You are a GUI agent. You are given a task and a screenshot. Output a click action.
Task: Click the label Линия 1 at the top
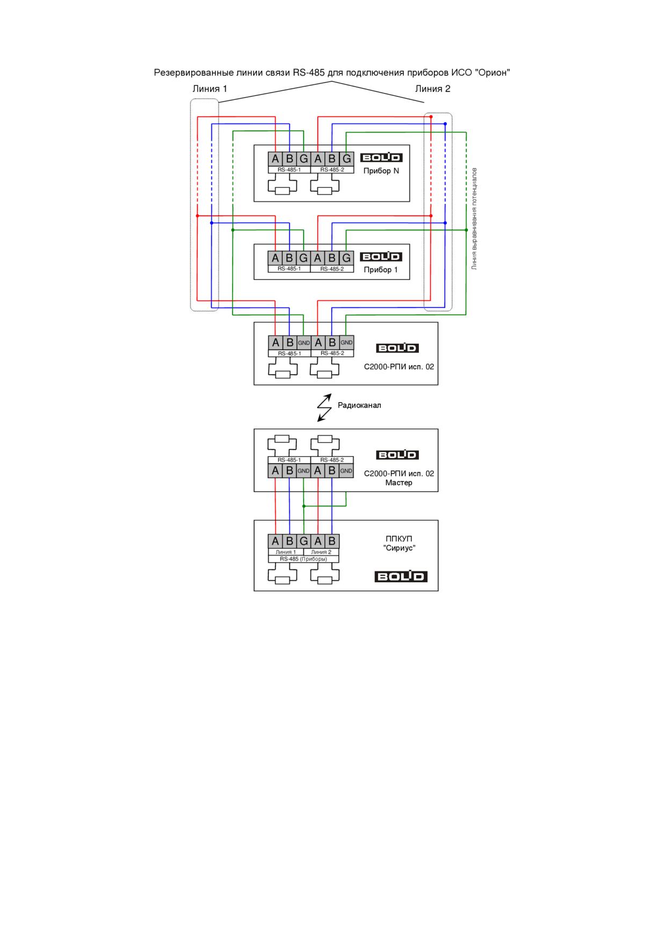pyautogui.click(x=209, y=89)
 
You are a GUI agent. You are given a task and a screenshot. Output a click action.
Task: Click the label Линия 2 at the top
pyautogui.click(x=432, y=89)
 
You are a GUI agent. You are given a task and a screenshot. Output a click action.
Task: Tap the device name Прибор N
pyautogui.click(x=381, y=171)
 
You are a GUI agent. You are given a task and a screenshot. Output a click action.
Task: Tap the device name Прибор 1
pyautogui.click(x=381, y=270)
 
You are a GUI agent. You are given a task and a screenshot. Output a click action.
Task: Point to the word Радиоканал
pyautogui.click(x=359, y=405)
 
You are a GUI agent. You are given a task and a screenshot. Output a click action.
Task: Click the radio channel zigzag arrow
pyautogui.click(x=324, y=408)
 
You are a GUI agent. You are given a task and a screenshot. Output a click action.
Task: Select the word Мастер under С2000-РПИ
pyautogui.click(x=399, y=482)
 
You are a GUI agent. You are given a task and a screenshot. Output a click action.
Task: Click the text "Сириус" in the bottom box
pyautogui.click(x=399, y=548)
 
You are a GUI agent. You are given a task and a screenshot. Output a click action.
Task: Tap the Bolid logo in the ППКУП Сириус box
pyautogui.click(x=401, y=576)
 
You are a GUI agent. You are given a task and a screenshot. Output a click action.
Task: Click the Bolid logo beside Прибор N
pyautogui.click(x=381, y=157)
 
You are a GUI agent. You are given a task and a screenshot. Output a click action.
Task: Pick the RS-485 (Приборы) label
pyautogui.click(x=303, y=559)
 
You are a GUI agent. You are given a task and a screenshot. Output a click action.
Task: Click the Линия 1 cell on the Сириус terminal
pyautogui.click(x=286, y=552)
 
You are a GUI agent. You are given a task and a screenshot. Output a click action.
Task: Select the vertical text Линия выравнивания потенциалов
pyautogui.click(x=474, y=219)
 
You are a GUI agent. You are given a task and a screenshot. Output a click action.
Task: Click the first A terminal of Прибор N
pyautogui.click(x=276, y=158)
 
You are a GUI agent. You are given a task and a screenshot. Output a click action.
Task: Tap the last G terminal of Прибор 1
pyautogui.click(x=346, y=258)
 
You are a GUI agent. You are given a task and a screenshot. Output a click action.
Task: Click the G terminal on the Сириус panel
pyautogui.click(x=303, y=541)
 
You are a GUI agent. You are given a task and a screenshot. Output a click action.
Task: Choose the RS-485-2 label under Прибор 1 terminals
pyautogui.click(x=332, y=269)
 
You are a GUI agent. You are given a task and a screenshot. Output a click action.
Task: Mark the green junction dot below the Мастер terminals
pyautogui.click(x=304, y=506)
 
